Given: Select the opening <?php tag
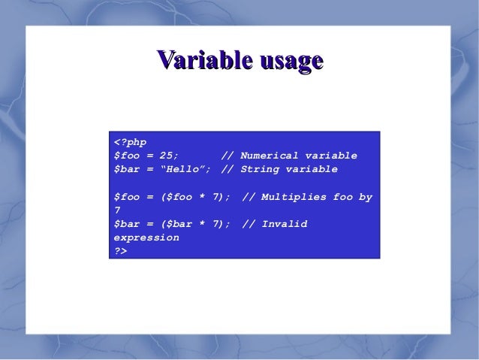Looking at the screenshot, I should (x=130, y=142).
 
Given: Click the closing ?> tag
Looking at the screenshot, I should (x=120, y=251).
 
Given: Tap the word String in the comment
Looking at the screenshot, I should (x=260, y=169).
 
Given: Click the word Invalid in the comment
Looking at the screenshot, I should (x=285, y=224).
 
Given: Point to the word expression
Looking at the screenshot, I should (x=146, y=237).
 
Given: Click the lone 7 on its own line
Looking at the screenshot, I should (x=117, y=210).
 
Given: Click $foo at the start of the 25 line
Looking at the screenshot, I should (x=126, y=156).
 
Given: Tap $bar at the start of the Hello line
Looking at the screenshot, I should (x=126, y=169).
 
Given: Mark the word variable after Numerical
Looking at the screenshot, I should (x=331, y=156).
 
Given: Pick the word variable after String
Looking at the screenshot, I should (x=312, y=169).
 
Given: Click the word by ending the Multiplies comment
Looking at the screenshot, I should (x=365, y=197).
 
